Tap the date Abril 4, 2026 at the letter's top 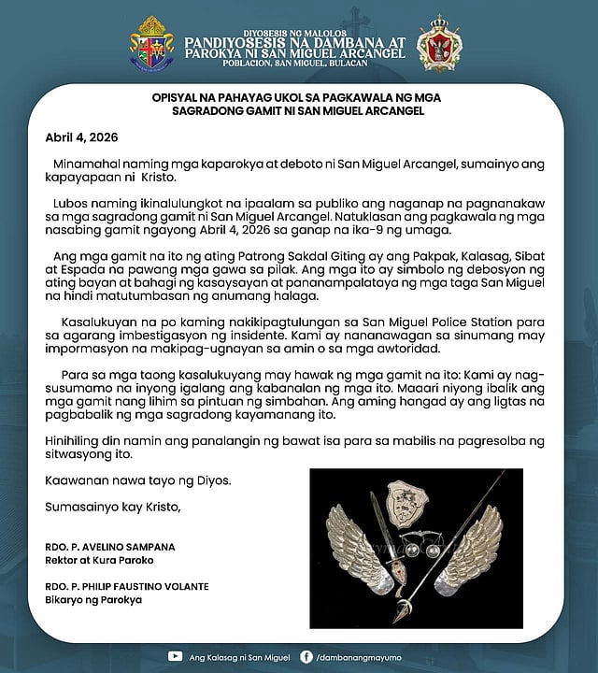pos(78,136)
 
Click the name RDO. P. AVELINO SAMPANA pos(96,546)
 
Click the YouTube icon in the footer pos(175,656)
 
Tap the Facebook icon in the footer pos(307,656)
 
